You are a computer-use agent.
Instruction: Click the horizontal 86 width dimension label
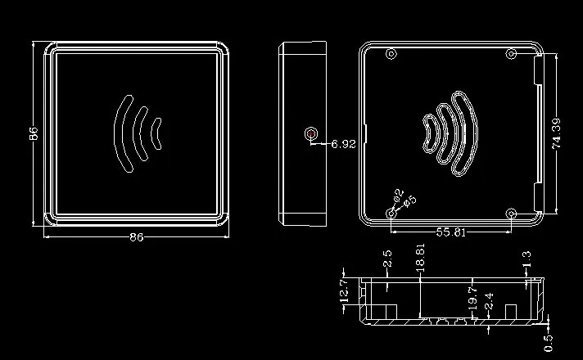pos(137,237)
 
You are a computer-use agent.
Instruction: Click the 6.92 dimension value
pos(343,144)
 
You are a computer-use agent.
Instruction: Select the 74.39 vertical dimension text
pos(556,133)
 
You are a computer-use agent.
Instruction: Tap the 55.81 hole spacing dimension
pos(450,232)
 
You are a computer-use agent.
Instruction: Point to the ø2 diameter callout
pos(398,194)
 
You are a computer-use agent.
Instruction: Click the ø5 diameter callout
pos(409,201)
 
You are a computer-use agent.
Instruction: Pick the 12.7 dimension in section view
pos(344,290)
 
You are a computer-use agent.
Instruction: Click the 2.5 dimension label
pos(387,259)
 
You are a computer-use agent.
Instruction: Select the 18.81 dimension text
pos(420,255)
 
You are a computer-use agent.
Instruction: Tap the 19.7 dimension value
pos(472,299)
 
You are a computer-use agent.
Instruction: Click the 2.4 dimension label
pos(489,301)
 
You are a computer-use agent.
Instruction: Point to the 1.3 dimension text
pos(527,259)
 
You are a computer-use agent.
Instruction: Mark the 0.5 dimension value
pos(549,344)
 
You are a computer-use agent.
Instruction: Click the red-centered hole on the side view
pos(311,133)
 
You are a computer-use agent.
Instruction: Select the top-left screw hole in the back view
pos(391,54)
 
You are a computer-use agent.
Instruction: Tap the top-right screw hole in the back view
pos(511,54)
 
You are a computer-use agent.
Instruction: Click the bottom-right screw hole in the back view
pos(512,214)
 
